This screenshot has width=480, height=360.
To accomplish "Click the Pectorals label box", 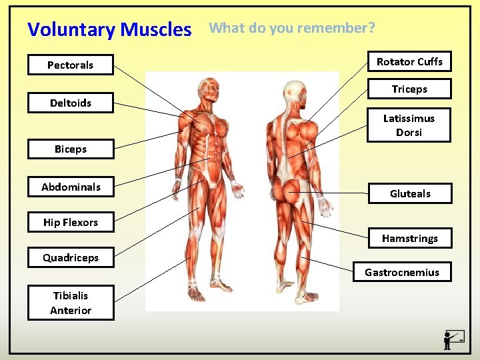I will pyautogui.click(x=71, y=65).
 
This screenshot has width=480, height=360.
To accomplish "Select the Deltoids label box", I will pyautogui.click(x=71, y=103).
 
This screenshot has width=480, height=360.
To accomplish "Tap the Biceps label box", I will pyautogui.click(x=71, y=149).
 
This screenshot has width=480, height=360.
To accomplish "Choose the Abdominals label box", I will pyautogui.click(x=71, y=187).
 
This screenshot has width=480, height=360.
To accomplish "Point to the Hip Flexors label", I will pyautogui.click(x=71, y=222).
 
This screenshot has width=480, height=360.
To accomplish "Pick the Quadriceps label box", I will pyautogui.click(x=71, y=257).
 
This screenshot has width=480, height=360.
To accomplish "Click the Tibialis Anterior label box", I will pyautogui.click(x=71, y=303).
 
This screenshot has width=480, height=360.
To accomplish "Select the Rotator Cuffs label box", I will pyautogui.click(x=409, y=61).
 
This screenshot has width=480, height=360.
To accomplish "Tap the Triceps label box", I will pyautogui.click(x=409, y=89).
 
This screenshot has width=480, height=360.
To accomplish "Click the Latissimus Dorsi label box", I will pyautogui.click(x=409, y=125).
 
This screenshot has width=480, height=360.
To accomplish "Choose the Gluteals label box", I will pyautogui.click(x=410, y=193).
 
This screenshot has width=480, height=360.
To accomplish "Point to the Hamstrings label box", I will pyautogui.click(x=410, y=238).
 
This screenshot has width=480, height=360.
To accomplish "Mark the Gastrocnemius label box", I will pyautogui.click(x=402, y=272).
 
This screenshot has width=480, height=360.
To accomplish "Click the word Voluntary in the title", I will pyautogui.click(x=71, y=30).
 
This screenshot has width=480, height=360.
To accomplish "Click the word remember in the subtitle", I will pyautogui.click(x=335, y=28).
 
